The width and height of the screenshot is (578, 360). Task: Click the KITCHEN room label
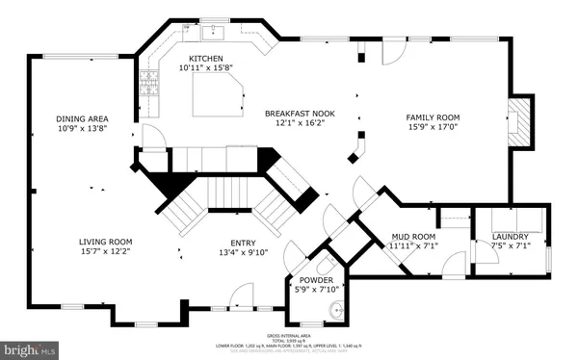click(x=207, y=58)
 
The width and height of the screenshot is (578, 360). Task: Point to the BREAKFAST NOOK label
click(x=299, y=113)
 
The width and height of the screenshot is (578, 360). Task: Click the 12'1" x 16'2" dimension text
click(x=299, y=123)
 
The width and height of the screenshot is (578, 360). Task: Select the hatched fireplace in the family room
click(x=519, y=122)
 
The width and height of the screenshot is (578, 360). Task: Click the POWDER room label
click(x=314, y=281)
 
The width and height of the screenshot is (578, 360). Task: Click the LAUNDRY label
click(x=511, y=236)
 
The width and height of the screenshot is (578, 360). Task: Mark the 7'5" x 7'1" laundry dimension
click(x=511, y=246)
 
